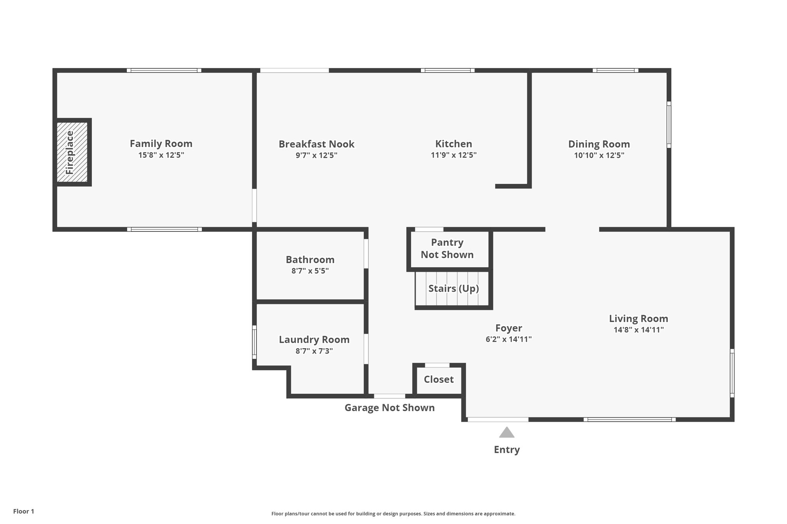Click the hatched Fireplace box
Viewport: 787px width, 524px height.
pyautogui.click(x=72, y=152)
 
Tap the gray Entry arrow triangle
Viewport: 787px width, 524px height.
pyautogui.click(x=506, y=433)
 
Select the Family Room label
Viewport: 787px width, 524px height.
pyautogui.click(x=161, y=144)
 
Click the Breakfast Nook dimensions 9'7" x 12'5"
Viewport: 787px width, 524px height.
pyautogui.click(x=316, y=155)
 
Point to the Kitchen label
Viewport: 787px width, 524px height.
pyautogui.click(x=453, y=144)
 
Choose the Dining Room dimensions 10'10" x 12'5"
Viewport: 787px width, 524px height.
pyautogui.click(x=599, y=155)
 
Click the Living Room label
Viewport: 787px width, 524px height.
pyautogui.click(x=638, y=318)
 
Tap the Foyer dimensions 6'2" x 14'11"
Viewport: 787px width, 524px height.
pyautogui.click(x=508, y=339)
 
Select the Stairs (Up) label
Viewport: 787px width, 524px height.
pyautogui.click(x=453, y=288)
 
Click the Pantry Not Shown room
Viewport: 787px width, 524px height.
pyautogui.click(x=448, y=249)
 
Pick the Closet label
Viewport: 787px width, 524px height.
pyautogui.click(x=438, y=379)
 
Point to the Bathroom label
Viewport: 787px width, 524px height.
pyautogui.click(x=310, y=260)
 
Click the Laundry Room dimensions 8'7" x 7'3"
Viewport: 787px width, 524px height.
pyautogui.click(x=314, y=351)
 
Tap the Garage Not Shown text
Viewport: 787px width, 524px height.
pyautogui.click(x=389, y=408)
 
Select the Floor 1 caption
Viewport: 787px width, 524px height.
pyautogui.click(x=23, y=511)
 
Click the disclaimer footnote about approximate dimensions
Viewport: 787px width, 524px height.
pyautogui.click(x=393, y=514)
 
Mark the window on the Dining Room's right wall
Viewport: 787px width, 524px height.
pyautogui.click(x=669, y=124)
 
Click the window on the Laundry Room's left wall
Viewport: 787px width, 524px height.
pyautogui.click(x=254, y=342)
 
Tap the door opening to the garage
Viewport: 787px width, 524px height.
pyautogui.click(x=389, y=396)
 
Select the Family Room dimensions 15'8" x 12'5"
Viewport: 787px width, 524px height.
pyautogui.click(x=161, y=155)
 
